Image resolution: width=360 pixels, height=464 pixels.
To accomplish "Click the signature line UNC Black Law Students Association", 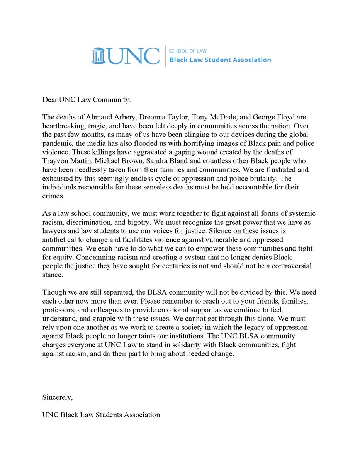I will [101, 415].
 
